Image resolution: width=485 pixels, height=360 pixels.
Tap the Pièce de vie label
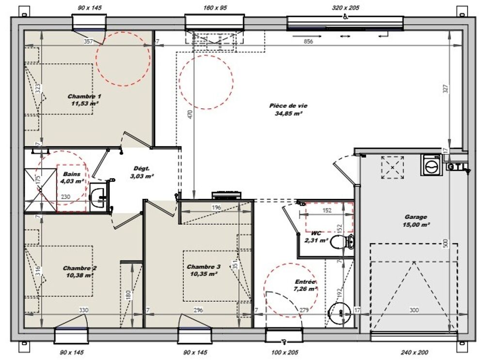[x=288, y=109]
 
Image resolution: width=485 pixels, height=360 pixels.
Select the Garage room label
[x=416, y=221]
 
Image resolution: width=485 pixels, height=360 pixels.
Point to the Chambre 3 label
[x=204, y=270]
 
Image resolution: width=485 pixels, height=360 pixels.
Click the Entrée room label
[x=306, y=285]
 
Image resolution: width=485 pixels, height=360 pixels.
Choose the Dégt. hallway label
[x=143, y=172]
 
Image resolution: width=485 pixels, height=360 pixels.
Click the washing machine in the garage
[x=431, y=166]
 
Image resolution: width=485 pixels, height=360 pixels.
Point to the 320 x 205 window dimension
[x=345, y=8]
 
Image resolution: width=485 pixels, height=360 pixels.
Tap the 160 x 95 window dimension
[x=214, y=8]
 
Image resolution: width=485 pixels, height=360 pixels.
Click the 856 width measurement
[x=308, y=42]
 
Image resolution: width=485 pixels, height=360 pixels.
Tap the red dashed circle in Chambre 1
[x=123, y=59]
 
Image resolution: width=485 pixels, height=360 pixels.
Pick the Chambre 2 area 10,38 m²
[x=80, y=275]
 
